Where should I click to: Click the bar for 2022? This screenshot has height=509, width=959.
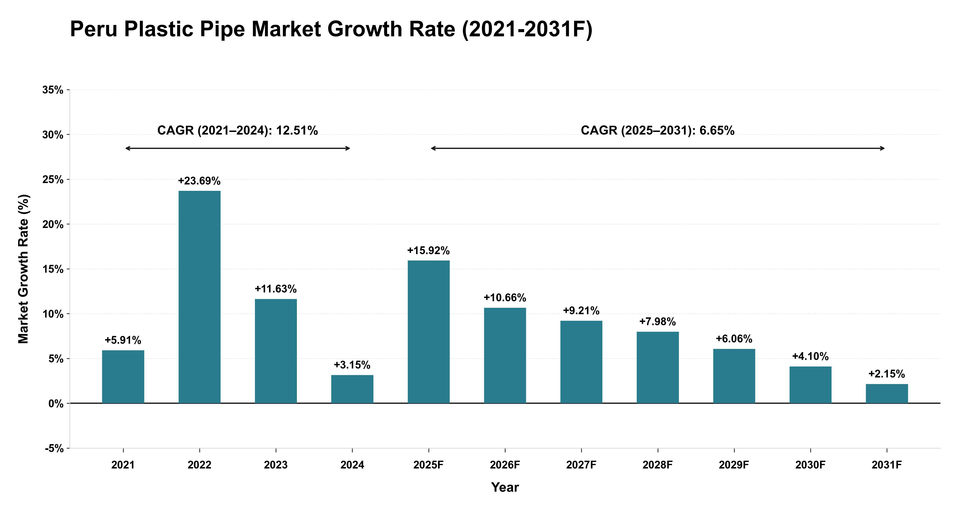(200, 297)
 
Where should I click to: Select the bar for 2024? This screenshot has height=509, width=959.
(352, 389)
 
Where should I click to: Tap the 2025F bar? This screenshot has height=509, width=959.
(429, 332)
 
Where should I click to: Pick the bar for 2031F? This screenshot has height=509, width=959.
(887, 394)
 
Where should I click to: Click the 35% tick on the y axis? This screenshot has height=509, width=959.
(53, 90)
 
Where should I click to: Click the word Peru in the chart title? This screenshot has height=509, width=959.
(94, 29)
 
